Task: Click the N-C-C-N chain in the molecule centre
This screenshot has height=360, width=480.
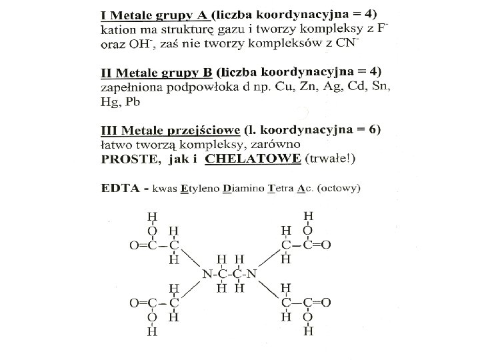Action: [229, 274]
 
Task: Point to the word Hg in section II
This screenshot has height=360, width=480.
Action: [107, 102]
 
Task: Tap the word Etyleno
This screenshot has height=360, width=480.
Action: [201, 189]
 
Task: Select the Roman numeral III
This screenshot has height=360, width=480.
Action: [109, 129]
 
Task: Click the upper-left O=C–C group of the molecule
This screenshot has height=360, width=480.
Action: [154, 245]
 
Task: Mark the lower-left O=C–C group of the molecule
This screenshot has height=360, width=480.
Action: [154, 303]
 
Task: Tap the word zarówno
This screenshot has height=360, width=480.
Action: [277, 144]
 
